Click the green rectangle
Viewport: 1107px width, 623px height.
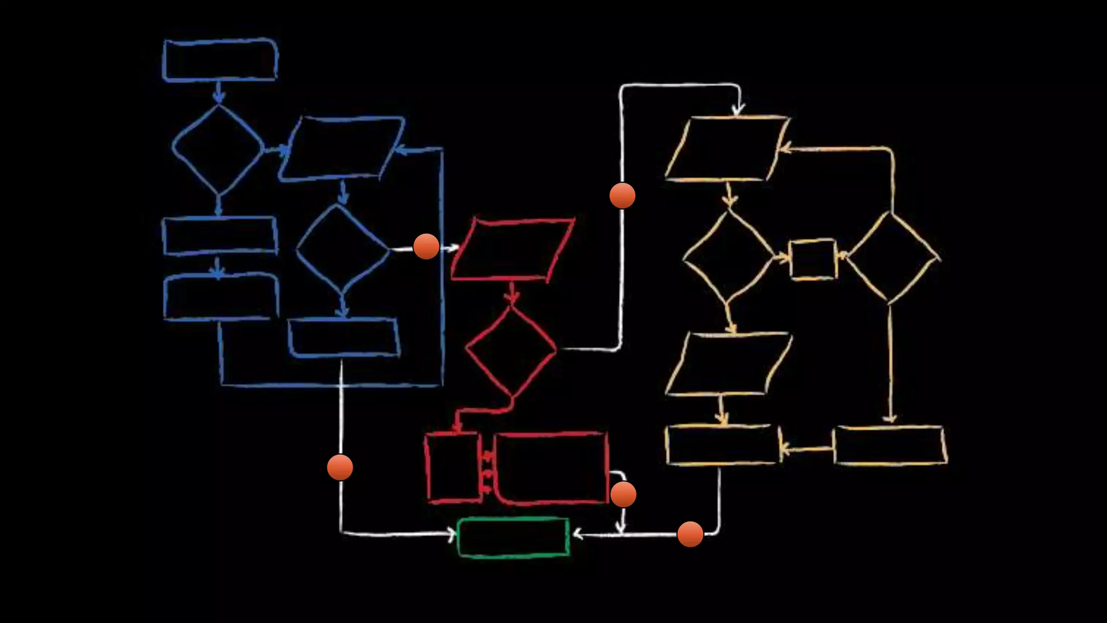tap(513, 537)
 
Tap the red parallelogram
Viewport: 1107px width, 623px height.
tap(512, 250)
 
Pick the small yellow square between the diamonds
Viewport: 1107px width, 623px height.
tap(813, 259)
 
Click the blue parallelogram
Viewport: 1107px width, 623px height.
tap(342, 148)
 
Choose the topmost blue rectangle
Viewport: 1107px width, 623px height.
tap(220, 60)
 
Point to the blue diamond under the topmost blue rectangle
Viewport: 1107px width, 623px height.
tap(218, 149)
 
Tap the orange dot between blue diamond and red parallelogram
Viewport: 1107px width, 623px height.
tap(426, 247)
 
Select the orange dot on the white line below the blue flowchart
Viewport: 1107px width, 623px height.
tap(340, 467)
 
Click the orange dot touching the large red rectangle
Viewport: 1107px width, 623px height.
tap(623, 494)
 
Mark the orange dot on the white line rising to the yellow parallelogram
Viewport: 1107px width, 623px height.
tap(622, 195)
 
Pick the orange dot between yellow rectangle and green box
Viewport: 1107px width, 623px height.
tap(690, 534)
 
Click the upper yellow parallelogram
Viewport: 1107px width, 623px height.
tap(727, 148)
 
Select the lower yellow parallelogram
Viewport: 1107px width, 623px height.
tap(729, 364)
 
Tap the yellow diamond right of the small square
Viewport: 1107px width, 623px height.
tap(891, 257)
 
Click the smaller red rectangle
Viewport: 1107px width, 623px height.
tap(453, 467)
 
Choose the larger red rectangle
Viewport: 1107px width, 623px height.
tap(551, 468)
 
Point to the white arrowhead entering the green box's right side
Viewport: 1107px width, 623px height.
tap(577, 535)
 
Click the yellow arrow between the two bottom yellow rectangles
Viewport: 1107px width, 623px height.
tap(806, 448)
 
